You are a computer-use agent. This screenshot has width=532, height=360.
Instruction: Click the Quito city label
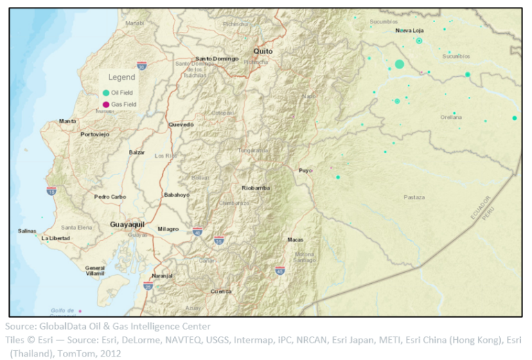(x=263, y=51)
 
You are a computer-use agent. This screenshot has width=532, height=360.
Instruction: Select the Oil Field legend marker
(x=106, y=92)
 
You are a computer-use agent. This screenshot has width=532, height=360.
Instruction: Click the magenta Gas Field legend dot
(x=106, y=105)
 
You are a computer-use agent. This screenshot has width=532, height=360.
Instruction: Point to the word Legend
(x=121, y=78)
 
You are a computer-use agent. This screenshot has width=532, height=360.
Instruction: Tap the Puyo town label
(x=305, y=170)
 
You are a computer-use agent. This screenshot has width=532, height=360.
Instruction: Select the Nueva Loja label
(x=409, y=30)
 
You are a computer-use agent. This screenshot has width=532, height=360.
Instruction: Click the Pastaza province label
(x=414, y=197)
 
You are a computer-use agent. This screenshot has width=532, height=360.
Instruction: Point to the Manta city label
(x=68, y=120)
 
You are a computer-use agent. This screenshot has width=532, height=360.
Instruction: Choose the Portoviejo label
(x=95, y=134)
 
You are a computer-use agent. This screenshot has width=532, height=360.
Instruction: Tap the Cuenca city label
(x=221, y=291)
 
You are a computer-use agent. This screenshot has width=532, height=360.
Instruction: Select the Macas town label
(x=295, y=240)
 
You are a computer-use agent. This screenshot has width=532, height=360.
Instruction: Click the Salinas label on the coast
(x=28, y=231)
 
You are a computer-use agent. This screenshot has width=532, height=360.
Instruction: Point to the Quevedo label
(x=181, y=125)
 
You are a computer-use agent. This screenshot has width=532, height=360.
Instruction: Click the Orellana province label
(x=451, y=118)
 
